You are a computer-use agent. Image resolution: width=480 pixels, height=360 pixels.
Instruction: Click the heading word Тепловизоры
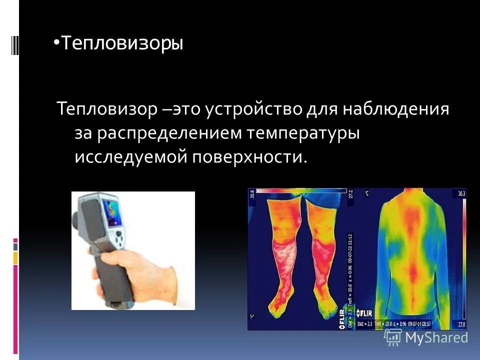(122, 44)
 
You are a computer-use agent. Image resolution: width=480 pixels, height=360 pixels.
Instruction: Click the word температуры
(302, 133)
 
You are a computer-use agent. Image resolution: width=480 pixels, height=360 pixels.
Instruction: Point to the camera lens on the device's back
(75, 219)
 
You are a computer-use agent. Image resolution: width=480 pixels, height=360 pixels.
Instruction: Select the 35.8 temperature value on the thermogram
(252, 193)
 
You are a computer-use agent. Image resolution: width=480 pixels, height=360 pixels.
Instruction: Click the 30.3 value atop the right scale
(461, 193)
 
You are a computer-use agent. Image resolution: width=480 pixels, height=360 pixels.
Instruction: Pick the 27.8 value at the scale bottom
(461, 325)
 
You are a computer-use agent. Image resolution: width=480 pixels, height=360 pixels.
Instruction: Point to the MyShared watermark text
(436, 337)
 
